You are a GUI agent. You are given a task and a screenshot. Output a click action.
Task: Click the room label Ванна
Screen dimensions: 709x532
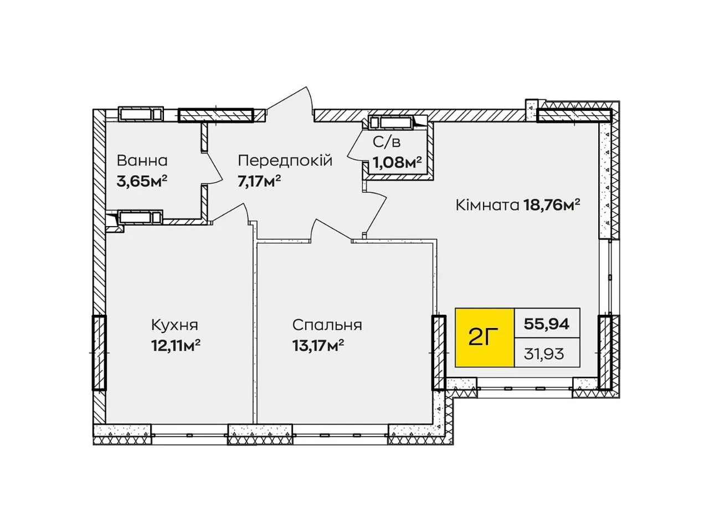coord(142,161)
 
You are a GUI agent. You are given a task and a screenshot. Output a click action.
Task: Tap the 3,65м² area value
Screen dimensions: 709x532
coord(142,182)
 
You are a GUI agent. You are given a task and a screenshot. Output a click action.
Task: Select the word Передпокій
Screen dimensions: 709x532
coord(285,161)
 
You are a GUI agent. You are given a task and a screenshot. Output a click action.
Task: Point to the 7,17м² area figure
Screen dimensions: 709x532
coord(259,182)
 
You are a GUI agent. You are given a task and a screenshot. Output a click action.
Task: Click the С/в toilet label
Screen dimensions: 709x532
coord(386,142)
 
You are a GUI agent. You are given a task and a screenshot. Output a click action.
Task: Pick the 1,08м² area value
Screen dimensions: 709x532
coord(397,163)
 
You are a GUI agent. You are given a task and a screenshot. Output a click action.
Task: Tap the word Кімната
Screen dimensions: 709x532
coord(487,205)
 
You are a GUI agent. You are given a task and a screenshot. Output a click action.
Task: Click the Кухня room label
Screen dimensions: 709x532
coord(174,325)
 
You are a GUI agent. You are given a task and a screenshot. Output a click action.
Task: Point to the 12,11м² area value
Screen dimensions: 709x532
coord(176,346)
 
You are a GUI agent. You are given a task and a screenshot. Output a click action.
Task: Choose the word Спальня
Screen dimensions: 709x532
coord(327,325)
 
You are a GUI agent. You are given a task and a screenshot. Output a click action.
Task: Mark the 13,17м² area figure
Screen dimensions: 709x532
coord(318,346)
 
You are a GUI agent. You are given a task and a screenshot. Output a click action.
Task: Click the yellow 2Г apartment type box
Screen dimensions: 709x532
coord(484,337)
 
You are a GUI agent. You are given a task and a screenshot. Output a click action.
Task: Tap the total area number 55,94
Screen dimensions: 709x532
coord(547,323)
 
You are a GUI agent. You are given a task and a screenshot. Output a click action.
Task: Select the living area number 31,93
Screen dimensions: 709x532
coord(544,354)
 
